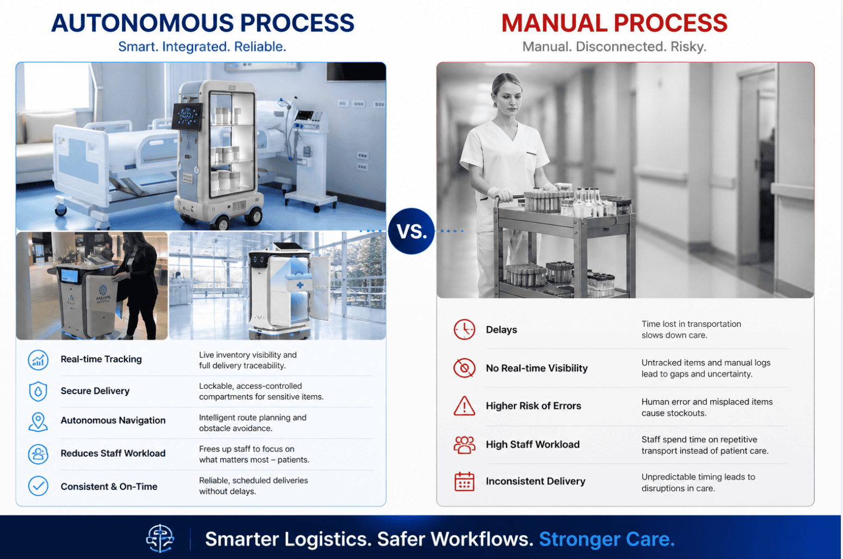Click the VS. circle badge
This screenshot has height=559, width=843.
[411, 231]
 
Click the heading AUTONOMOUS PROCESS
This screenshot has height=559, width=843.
[202, 23]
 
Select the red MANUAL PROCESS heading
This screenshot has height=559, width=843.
[614, 23]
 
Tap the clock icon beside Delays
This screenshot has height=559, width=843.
[464, 330]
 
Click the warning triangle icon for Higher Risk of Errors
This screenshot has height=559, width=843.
[464, 406]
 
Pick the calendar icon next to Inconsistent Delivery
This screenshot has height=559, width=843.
[464, 482]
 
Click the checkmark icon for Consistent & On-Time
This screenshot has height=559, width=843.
[38, 486]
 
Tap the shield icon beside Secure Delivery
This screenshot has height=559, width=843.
[38, 391]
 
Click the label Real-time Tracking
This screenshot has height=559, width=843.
[101, 359]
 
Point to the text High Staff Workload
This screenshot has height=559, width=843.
[532, 444]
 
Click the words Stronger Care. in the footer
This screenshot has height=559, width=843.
[607, 539]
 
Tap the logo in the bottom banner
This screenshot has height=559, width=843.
[160, 538]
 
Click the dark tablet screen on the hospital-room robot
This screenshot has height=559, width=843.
[187, 116]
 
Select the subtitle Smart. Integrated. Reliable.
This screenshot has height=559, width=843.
[202, 47]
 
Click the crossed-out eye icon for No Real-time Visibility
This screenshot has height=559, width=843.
[464, 368]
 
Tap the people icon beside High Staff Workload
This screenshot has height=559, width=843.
[464, 445]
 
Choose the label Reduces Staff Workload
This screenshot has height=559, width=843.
[113, 454]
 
